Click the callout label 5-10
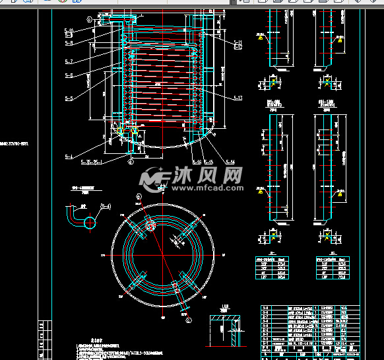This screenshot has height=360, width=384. pyautogui.click(x=69, y=31)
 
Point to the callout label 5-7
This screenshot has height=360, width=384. pyautogui.click(x=69, y=61)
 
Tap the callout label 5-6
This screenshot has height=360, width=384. pyautogui.click(x=69, y=75)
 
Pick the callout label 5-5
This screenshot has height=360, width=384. pyautogui.click(x=69, y=98)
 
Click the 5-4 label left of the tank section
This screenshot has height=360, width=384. pyautogui.click(x=69, y=156)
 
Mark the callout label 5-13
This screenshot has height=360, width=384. pyautogui.click(x=238, y=98)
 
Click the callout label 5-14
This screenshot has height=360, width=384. pyautogui.click(x=230, y=161)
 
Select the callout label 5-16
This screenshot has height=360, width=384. pyautogui.click(x=197, y=161)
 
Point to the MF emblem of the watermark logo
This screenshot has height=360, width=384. pyautogui.click(x=156, y=177)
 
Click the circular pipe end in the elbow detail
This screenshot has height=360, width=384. pyautogui.click(x=90, y=222)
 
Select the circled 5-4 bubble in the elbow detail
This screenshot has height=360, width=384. pyautogui.click(x=106, y=207)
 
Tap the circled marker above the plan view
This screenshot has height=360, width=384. pyautogui.click(x=138, y=196)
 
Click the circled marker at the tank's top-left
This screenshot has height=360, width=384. pyautogui.click(x=89, y=20)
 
